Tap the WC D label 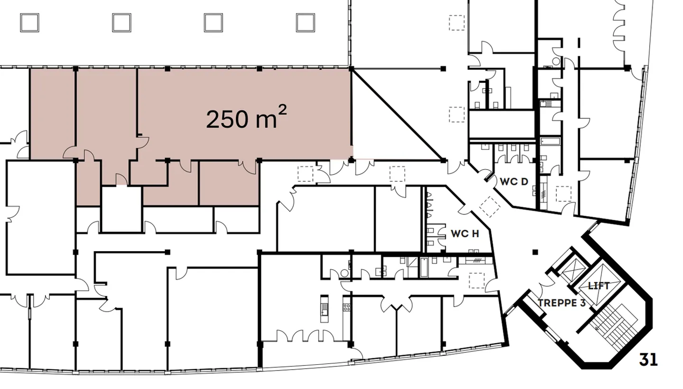click(514, 181)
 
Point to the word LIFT click(598, 286)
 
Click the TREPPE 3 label click(562, 303)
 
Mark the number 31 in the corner click(648, 360)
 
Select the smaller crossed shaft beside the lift click(572, 271)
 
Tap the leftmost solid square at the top click(29, 22)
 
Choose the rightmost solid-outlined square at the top click(305, 22)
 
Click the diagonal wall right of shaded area click(397, 114)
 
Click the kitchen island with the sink click(324, 308)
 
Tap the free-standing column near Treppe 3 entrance click(535, 252)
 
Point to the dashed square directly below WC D click(563, 194)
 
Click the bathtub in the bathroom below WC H click(424, 268)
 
